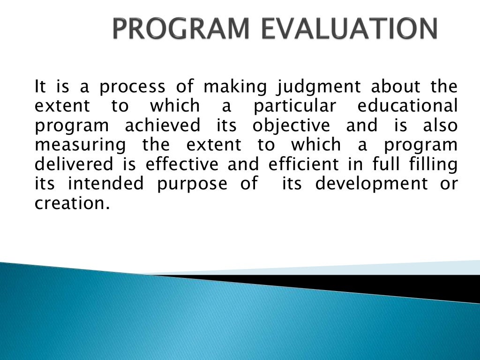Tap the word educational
pos(407,106)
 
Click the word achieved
pos(162,126)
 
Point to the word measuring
pos(80,145)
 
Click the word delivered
pos(74,165)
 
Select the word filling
pos(432,165)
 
